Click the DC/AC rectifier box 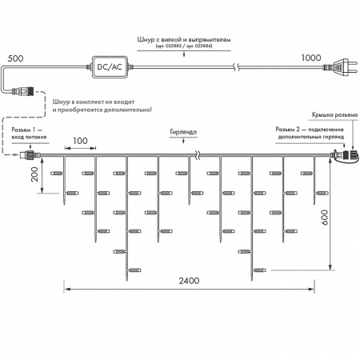tap(113, 67)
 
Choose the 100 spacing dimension tap(79, 142)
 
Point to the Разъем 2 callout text tap(311, 134)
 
